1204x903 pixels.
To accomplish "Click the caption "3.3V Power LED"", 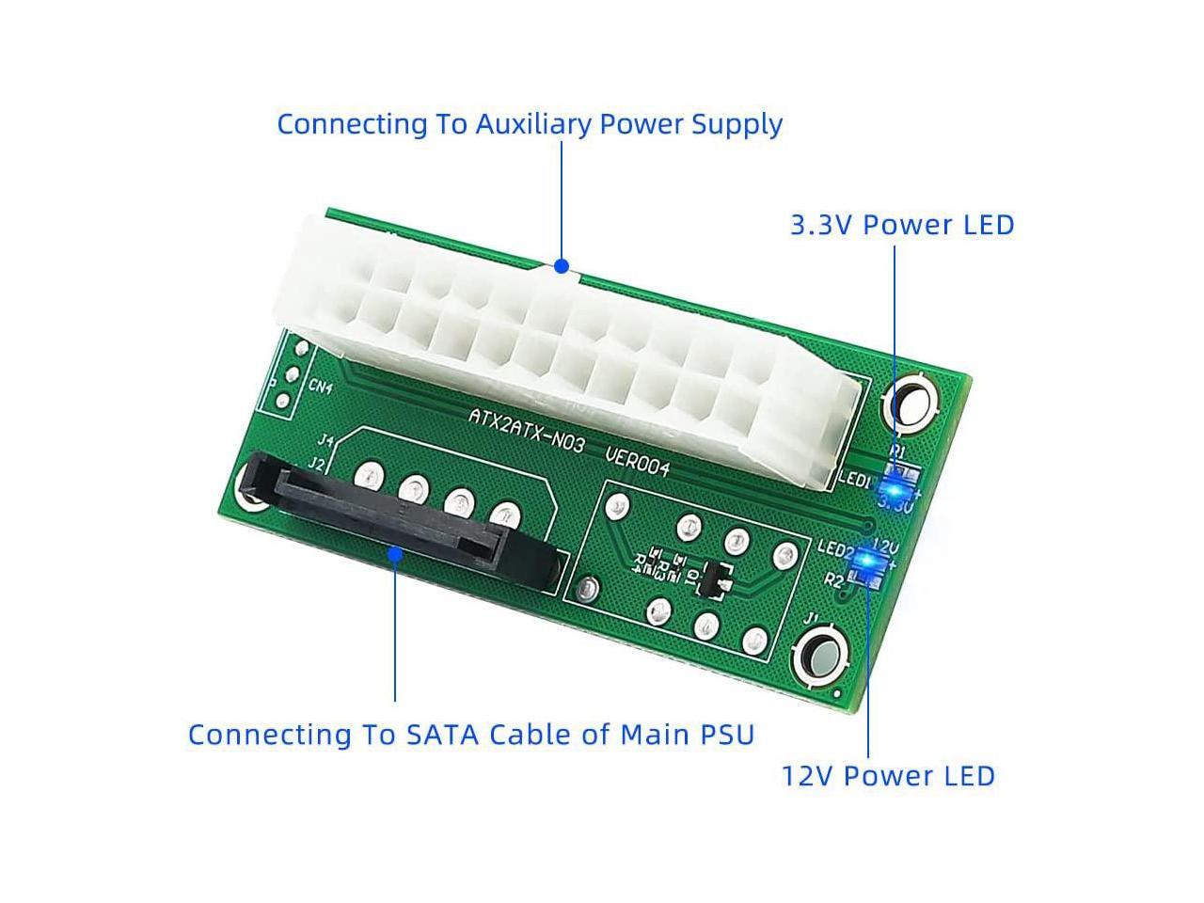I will (x=902, y=225).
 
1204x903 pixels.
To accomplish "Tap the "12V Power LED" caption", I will (x=888, y=776).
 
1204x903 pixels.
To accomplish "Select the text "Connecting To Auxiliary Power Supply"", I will (x=530, y=124).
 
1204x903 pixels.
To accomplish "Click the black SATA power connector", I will (x=395, y=527).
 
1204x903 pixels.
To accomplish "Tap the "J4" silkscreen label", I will (x=326, y=440).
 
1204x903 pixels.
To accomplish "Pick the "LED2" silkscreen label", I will (x=834, y=547).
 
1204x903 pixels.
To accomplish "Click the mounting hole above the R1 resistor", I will (x=910, y=405).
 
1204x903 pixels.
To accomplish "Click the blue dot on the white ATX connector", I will (x=562, y=266).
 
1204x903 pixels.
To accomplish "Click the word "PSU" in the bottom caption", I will (x=724, y=735).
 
